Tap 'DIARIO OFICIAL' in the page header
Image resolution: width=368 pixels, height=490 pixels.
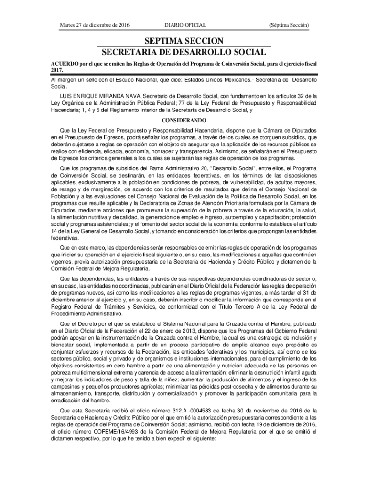[185, 24]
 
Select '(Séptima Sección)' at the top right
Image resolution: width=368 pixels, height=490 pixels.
[289, 24]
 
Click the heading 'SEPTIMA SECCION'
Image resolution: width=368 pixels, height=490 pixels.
[184, 41]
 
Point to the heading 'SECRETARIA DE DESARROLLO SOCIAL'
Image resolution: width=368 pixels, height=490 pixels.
[184, 52]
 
